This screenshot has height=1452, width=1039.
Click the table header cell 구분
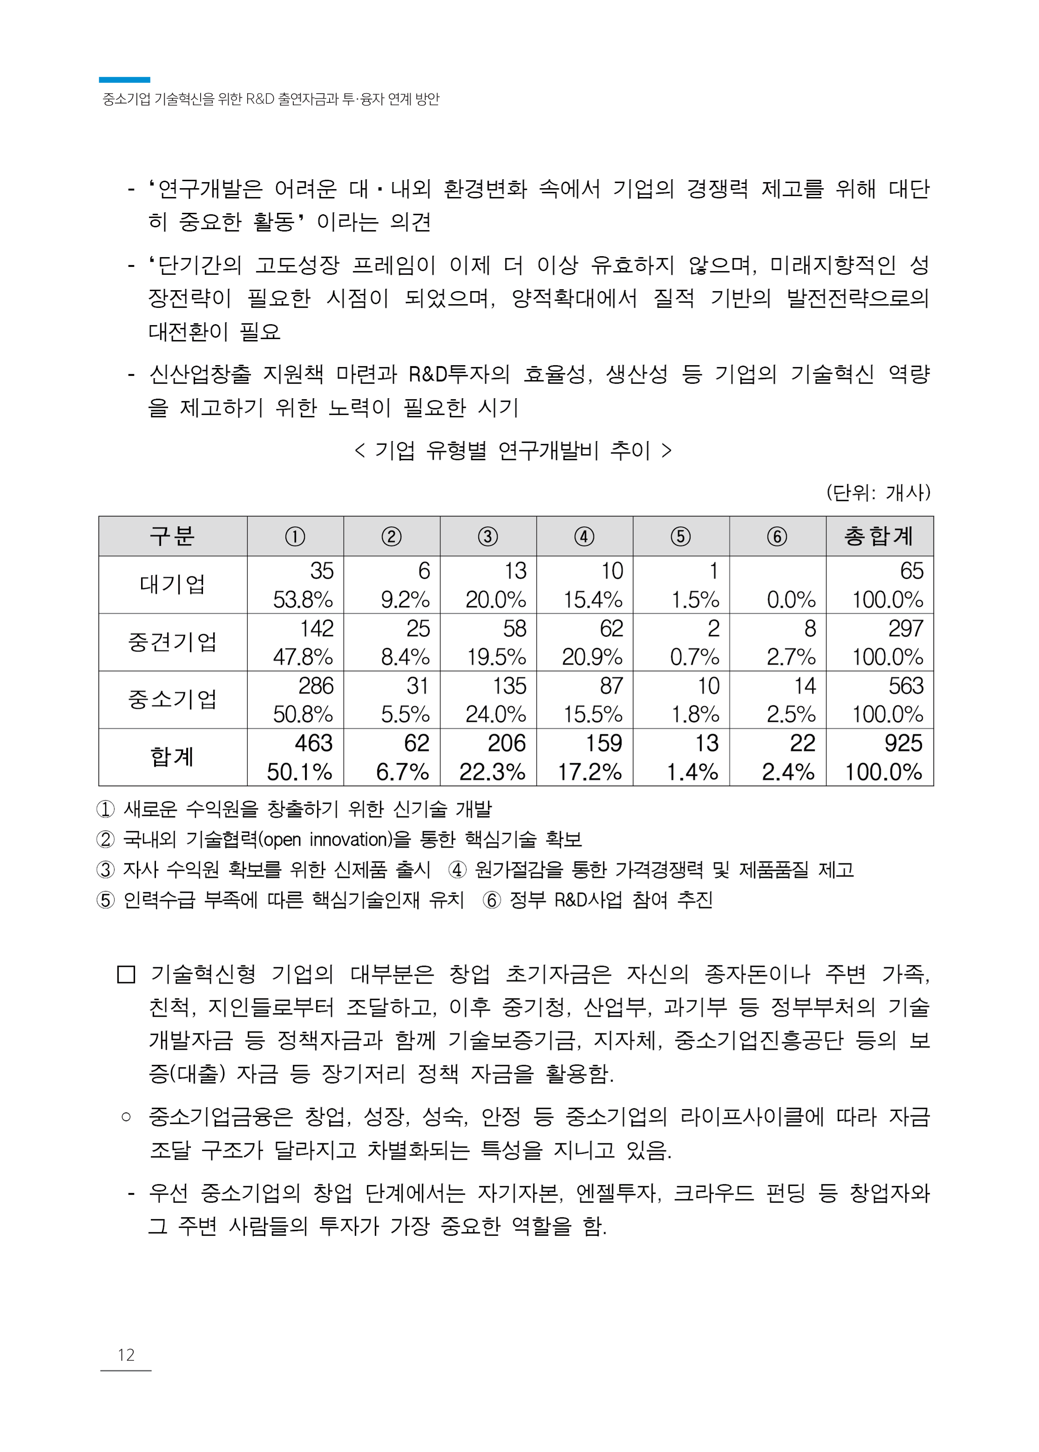coord(172,536)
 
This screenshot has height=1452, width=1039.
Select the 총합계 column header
coord(878,536)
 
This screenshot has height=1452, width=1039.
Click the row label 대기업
coord(172,584)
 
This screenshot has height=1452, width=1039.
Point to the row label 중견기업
coord(172,642)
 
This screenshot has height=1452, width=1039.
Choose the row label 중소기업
coord(172,699)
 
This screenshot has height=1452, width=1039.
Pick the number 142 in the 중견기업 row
coord(317,628)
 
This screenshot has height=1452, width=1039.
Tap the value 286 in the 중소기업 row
coord(316,686)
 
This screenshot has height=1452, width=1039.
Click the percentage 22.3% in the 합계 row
coord(492,772)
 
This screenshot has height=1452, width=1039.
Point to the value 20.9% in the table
coord(592,657)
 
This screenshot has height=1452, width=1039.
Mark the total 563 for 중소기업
coord(905,686)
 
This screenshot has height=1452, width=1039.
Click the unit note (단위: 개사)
coord(878,492)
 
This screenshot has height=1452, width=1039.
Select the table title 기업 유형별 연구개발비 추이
coord(513,450)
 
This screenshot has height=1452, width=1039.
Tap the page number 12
coord(126,1355)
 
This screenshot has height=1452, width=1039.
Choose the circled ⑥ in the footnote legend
coord(492,900)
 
